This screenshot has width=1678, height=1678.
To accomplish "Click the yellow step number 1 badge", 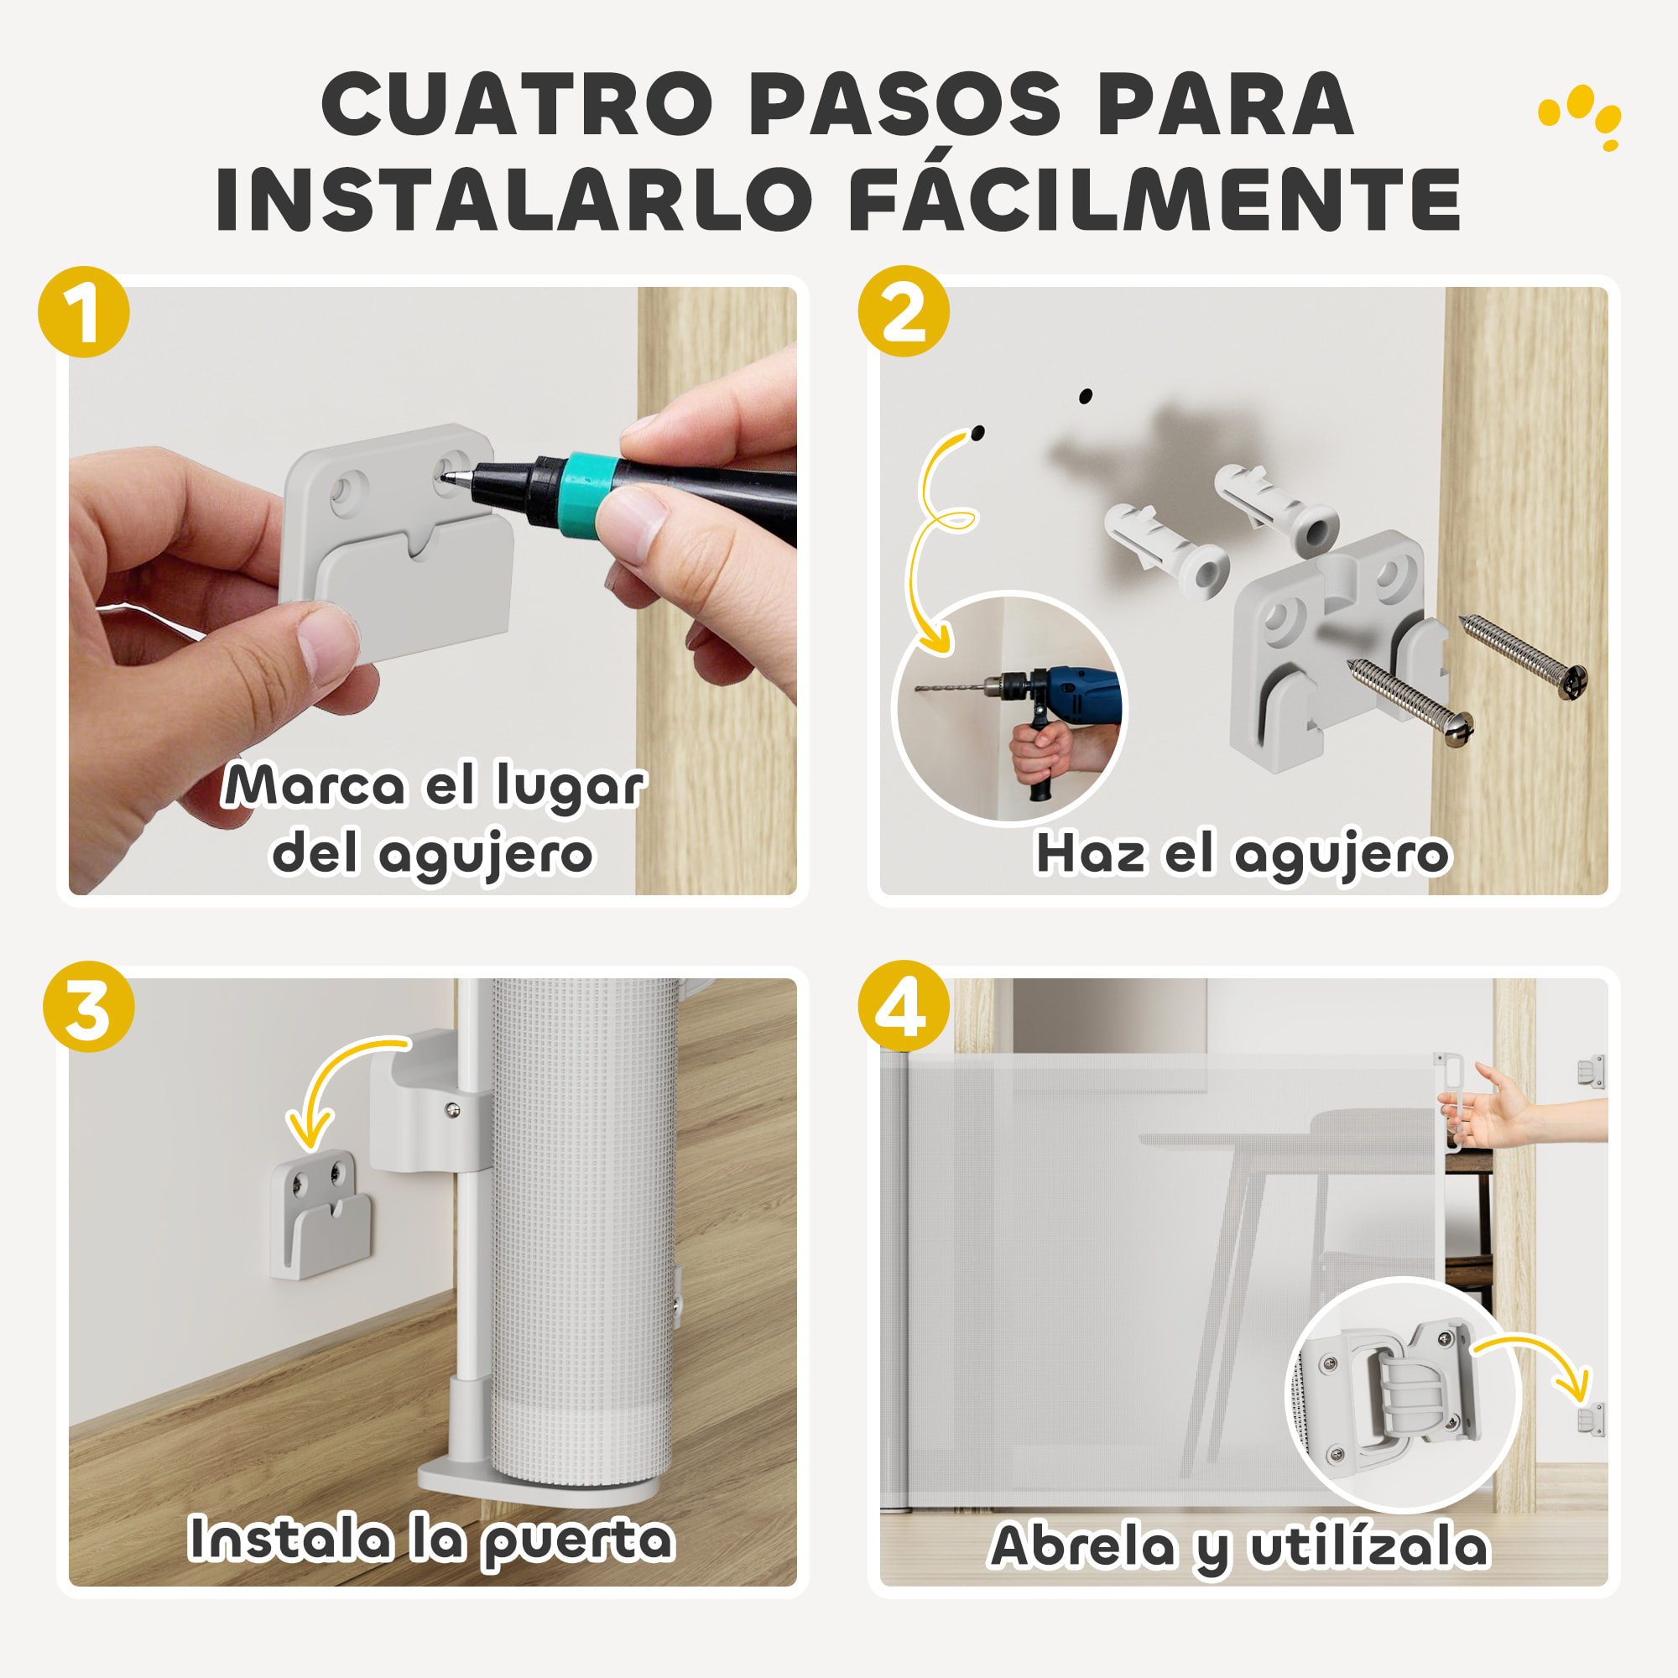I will tap(83, 312).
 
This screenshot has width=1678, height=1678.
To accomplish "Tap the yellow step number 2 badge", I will tap(904, 311).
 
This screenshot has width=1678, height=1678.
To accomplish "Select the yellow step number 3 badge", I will tap(89, 1007).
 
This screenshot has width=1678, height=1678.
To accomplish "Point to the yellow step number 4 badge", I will tap(904, 1006).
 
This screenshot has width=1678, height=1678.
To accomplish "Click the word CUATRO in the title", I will tap(518, 104).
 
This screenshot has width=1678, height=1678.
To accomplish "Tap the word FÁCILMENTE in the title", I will tap(1154, 200).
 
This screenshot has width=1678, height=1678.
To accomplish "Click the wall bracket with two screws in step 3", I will tap(320, 1214).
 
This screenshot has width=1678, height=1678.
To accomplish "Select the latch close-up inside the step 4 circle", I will tap(1401, 1395).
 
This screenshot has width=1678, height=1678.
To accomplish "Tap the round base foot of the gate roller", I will tap(534, 1488).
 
